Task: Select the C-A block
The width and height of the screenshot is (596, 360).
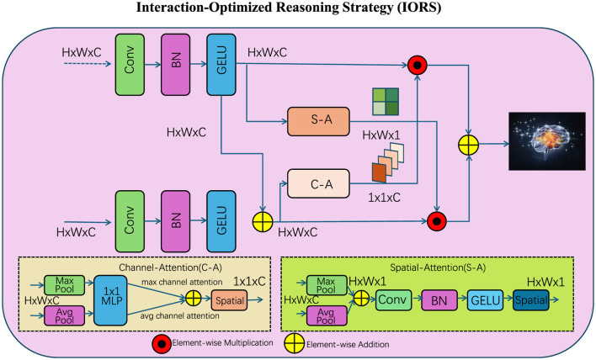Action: click(317, 182)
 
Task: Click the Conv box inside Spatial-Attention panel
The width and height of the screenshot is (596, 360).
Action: click(397, 299)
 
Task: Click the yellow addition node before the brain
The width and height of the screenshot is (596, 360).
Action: click(470, 144)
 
